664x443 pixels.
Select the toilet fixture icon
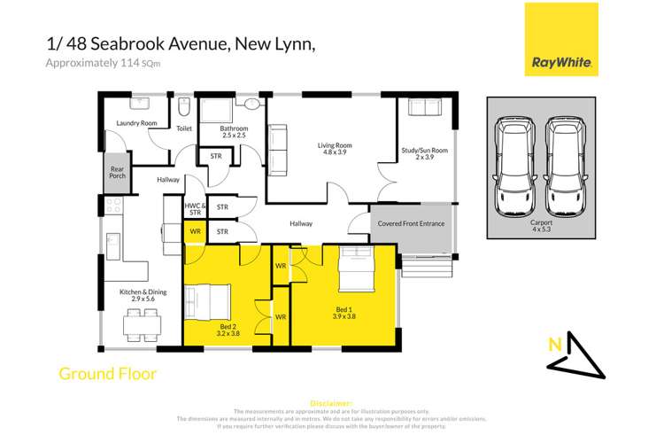(184, 110)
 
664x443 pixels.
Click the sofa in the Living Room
(278, 148)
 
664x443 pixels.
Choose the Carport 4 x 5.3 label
(540, 227)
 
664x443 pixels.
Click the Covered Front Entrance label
(412, 223)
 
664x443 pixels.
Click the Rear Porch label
(117, 173)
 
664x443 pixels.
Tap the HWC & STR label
(195, 209)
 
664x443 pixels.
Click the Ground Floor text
(107, 374)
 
